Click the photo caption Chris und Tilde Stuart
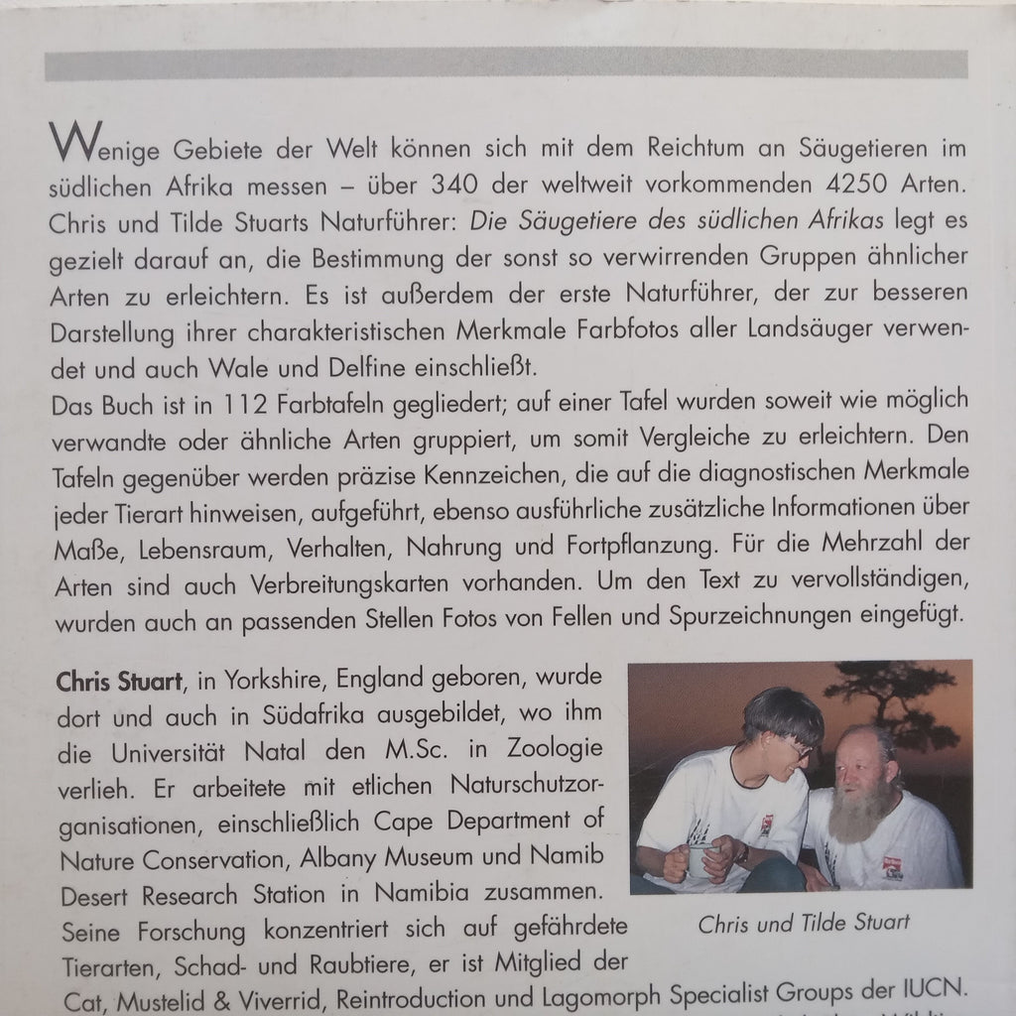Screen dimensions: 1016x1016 [804, 923]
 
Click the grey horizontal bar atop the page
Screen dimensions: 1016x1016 [506, 64]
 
